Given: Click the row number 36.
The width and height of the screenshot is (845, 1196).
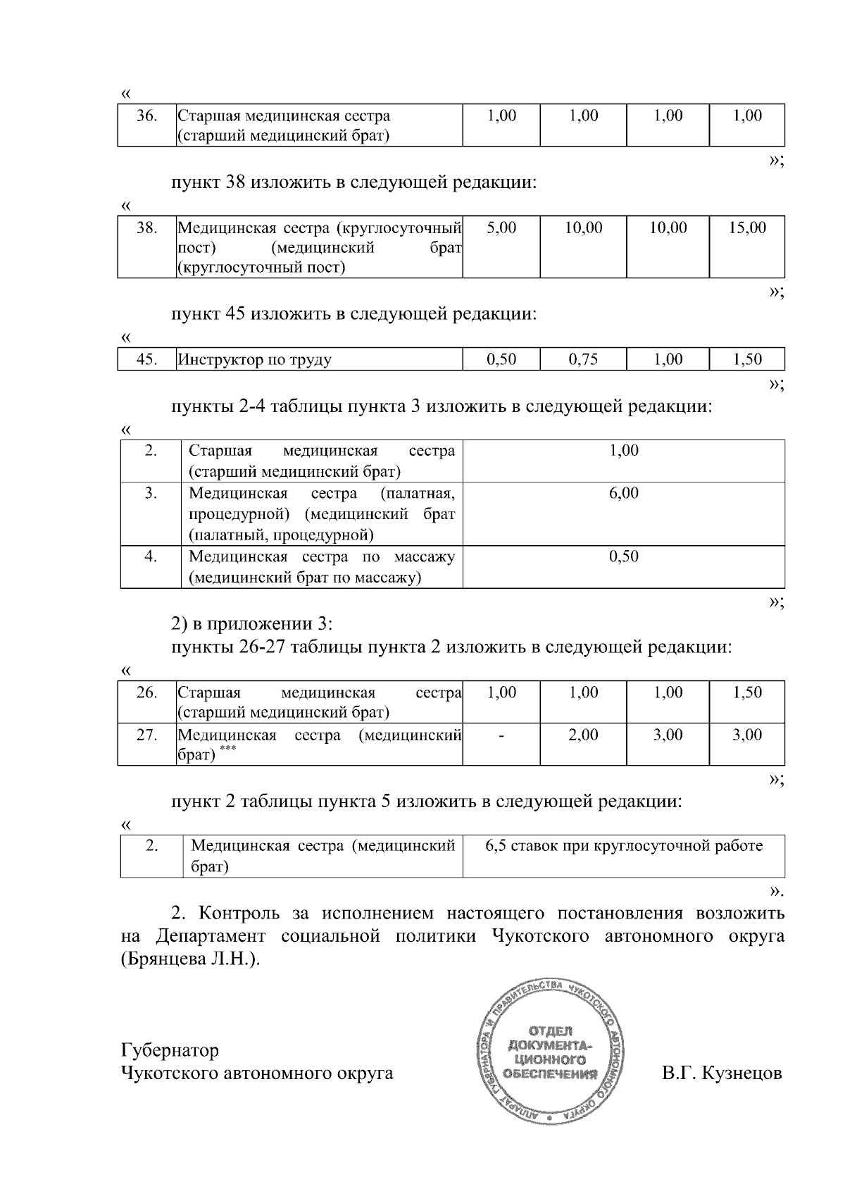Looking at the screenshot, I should (x=146, y=116).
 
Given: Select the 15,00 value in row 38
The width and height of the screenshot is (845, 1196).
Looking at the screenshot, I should (x=747, y=228).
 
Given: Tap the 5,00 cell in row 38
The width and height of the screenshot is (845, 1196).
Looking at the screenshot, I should (x=501, y=228).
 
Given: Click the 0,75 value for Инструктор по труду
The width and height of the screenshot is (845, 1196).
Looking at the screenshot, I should (x=583, y=359).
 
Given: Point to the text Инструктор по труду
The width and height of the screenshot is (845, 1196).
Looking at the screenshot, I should (x=255, y=360).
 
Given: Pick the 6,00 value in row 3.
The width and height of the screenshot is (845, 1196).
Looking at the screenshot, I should (x=624, y=493).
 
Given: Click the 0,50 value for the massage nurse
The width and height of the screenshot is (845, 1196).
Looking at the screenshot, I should (x=624, y=556).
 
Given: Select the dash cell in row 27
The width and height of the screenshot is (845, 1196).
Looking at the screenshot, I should (x=501, y=735).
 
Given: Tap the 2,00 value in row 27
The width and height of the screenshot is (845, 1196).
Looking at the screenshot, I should (x=583, y=735).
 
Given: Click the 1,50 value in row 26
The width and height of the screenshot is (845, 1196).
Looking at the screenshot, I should (x=747, y=692).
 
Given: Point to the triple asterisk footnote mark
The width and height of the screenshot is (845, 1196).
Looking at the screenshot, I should (x=227, y=751).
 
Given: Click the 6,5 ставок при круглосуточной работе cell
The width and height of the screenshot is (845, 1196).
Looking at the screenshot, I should (x=624, y=846).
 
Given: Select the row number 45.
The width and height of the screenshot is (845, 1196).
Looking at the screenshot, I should (x=146, y=360).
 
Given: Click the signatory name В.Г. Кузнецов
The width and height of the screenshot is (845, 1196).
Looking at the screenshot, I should (x=722, y=1073).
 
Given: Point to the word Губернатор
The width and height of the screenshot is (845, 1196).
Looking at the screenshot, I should (x=170, y=1050).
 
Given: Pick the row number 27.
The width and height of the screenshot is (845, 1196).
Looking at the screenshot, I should (x=146, y=735).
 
